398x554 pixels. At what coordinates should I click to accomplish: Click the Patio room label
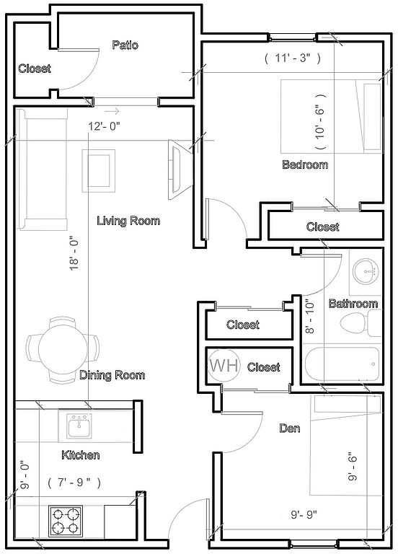coord(125,45)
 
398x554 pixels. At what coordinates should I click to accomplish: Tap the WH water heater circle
coord(224,365)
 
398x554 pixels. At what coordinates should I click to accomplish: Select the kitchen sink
coord(79,426)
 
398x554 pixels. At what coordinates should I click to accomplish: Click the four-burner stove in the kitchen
coord(66,521)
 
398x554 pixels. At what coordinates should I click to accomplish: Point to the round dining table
coord(63,350)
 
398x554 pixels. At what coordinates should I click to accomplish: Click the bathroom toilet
coord(361,322)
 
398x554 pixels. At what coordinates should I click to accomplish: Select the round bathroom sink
coord(366,271)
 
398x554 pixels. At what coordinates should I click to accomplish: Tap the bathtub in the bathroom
coord(342,364)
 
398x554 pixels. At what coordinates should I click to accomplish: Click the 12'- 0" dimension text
coord(104,126)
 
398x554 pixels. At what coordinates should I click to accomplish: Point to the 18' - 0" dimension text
coord(74,253)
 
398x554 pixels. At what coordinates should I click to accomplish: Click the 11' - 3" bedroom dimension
coord(293,58)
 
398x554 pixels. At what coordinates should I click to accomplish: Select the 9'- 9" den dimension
coord(304,514)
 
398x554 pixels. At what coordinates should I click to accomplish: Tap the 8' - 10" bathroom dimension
coord(310,317)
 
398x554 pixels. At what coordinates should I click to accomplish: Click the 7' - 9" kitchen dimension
coord(74,482)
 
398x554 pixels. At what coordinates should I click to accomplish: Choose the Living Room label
coord(128,221)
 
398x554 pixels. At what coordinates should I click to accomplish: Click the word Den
coord(290,428)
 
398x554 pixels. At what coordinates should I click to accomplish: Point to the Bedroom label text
coord(305,164)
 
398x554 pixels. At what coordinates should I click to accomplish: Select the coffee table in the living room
coord(99,171)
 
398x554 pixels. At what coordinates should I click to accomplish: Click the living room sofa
coord(42,170)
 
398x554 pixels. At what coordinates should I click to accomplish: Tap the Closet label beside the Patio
coord(35,69)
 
